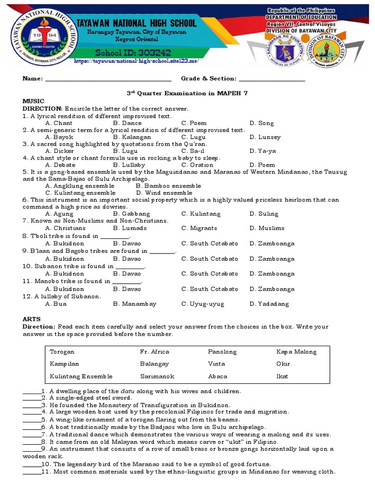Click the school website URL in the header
pos(136,62)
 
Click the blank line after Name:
pos(108,79)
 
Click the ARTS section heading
pos(31,319)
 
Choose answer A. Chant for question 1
pos(59,124)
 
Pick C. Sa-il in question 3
pos(193,151)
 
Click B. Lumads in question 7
pos(129,228)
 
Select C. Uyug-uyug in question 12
pos(203,304)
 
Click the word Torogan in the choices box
pos(62,352)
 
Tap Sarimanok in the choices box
pos(157,376)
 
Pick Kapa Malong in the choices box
pos(296,352)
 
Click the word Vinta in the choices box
pos(216,364)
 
